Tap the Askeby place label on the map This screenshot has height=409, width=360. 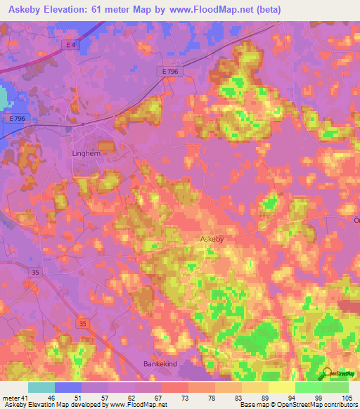pos(212,240)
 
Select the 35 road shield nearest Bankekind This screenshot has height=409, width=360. pos(84,323)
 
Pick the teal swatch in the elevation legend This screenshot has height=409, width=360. pos(41,387)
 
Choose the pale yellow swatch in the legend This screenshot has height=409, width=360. pos(282,387)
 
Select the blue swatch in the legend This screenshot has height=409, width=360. pos(68,387)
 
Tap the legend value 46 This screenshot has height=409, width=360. pos(50,398)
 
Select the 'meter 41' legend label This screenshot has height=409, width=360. pos(15,398)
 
